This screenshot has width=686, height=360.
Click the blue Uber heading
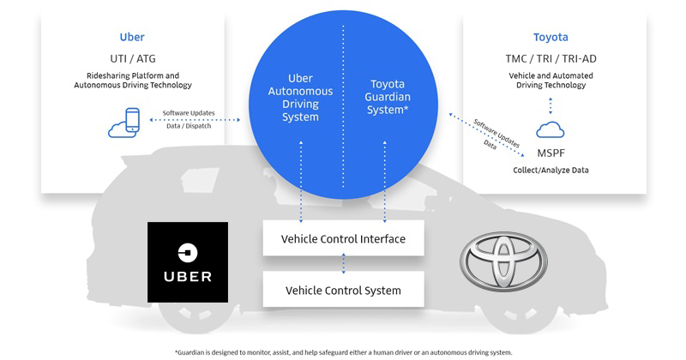pyautogui.click(x=132, y=38)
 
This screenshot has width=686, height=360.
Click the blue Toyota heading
pyautogui.click(x=551, y=38)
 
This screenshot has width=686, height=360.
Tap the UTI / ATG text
pyautogui.click(x=131, y=60)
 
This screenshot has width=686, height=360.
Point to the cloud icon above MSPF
pyautogui.click(x=550, y=130)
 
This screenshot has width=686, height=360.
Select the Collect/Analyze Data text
pyautogui.click(x=551, y=170)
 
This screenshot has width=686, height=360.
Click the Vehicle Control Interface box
pyautogui.click(x=343, y=238)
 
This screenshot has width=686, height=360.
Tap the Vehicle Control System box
pyautogui.click(x=343, y=291)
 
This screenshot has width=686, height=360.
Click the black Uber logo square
pyautogui.click(x=188, y=261)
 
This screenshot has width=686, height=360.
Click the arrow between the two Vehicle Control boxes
pyautogui.click(x=343, y=264)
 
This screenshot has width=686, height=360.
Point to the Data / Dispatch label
pyautogui.click(x=189, y=125)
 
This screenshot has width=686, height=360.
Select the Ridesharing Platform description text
pyautogui.click(x=131, y=80)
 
